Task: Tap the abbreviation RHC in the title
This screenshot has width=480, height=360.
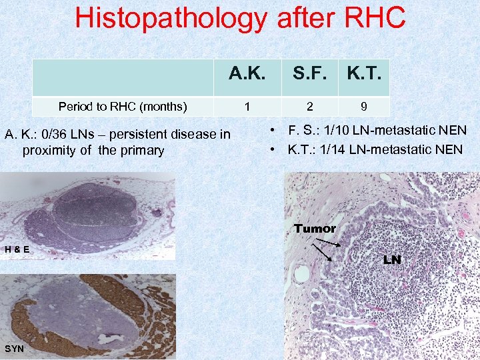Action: (374, 18)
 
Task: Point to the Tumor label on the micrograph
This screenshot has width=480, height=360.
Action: (315, 229)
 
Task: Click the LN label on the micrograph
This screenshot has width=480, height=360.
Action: (392, 259)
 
